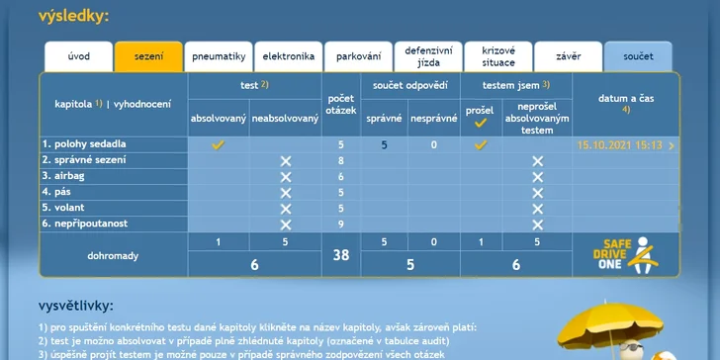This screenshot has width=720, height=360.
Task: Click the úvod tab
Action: click(x=78, y=56)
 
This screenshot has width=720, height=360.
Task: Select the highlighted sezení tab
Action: click(x=148, y=56)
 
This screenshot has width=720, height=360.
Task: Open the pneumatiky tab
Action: click(x=219, y=56)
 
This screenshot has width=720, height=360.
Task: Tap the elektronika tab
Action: click(x=289, y=56)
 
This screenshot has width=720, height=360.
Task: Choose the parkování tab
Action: click(x=359, y=56)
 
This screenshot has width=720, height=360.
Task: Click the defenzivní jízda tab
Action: click(x=428, y=56)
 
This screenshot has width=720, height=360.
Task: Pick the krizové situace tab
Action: click(x=498, y=56)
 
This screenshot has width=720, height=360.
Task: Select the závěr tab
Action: click(x=569, y=56)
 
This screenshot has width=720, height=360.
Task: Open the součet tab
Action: click(x=638, y=56)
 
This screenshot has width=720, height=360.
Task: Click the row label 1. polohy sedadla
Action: click(x=84, y=144)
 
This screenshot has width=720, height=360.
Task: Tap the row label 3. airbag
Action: click(x=63, y=176)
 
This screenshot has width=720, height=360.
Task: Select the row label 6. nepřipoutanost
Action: click(x=85, y=225)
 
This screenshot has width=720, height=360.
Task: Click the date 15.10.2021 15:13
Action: click(x=619, y=145)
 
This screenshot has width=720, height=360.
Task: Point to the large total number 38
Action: click(x=341, y=255)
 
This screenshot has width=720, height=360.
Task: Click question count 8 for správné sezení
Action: click(x=341, y=161)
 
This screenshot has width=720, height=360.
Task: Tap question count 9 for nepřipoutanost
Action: click(x=341, y=225)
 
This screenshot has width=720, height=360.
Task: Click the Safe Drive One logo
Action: click(x=626, y=255)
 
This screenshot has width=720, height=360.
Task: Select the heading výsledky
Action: click(x=73, y=17)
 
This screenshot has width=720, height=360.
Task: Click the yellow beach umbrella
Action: click(x=611, y=323)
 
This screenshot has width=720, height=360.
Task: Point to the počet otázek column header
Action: click(x=341, y=105)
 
